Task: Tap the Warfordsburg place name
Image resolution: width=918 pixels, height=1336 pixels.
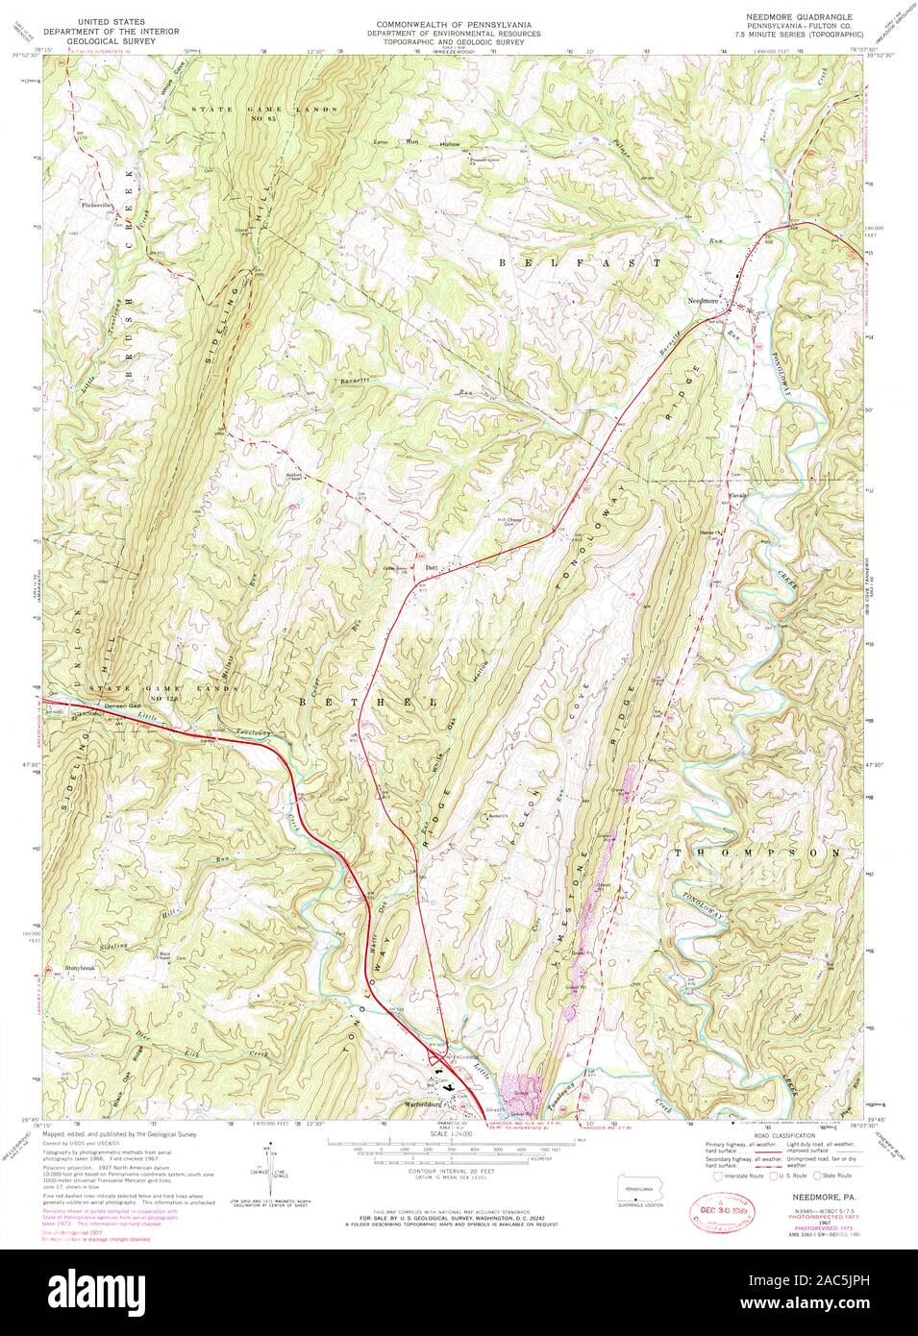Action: [429, 1103]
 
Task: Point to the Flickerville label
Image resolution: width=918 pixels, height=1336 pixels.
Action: [97, 204]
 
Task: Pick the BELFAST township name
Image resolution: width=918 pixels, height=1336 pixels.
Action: [579, 261]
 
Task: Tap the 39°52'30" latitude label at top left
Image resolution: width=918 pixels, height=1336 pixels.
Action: [27, 55]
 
